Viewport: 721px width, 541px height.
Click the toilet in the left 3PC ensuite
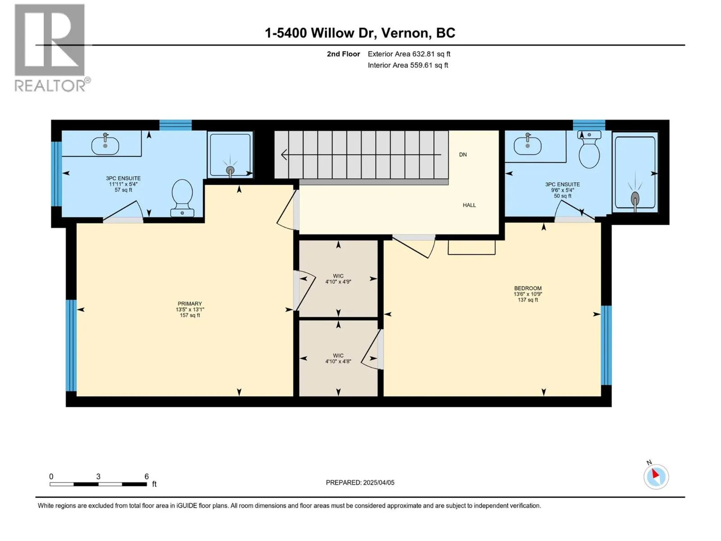coord(182,198)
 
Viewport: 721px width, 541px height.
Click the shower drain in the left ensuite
coord(230,170)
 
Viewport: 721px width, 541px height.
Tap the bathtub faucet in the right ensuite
coord(635,199)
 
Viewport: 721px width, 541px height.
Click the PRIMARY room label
coord(190,303)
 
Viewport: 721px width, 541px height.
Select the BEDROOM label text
coord(528,288)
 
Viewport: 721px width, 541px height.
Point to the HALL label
coord(469,205)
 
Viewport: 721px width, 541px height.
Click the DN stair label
coord(462,154)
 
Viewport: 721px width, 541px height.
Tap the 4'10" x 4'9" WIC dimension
coord(338,281)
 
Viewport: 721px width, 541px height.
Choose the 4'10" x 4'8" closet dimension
coord(338,361)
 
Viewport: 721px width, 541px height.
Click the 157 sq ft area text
coord(190,315)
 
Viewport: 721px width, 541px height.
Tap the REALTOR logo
coord(52,48)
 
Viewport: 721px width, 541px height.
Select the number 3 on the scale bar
coord(98,476)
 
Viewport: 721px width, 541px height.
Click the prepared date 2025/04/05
coord(379,482)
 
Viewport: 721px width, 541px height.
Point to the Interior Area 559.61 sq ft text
coord(408,65)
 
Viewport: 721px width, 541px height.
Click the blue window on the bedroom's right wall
coord(606,345)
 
